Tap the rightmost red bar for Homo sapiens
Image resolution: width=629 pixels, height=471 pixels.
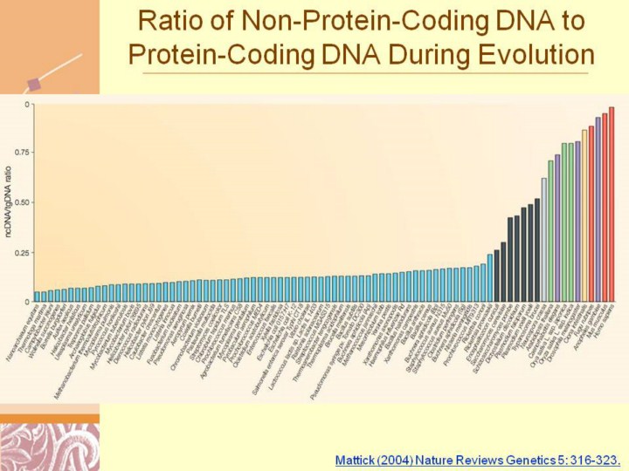[612, 204]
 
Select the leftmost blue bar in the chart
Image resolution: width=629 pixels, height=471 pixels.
[37, 297]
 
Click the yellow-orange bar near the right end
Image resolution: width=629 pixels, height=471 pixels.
[584, 215]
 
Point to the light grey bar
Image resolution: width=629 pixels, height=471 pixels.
[544, 240]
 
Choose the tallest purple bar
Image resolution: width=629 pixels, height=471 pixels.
[598, 209]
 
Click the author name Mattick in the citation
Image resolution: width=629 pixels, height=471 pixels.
[356, 458]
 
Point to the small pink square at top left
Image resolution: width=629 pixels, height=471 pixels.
[36, 85]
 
